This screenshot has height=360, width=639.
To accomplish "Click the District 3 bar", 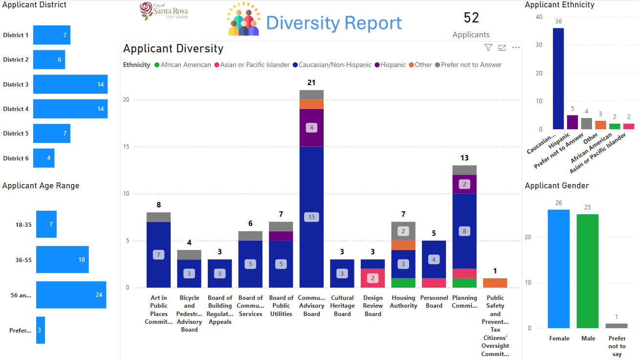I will pos(70,84).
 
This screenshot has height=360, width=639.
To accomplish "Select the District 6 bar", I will pos(44,158).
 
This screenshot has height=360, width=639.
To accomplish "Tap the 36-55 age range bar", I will pos(63,260).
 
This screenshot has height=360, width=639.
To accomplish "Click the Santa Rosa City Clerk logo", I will pos(164,11).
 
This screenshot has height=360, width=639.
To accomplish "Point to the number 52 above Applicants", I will pos(471,18).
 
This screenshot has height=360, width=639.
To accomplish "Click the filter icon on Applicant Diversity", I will pos(488,47).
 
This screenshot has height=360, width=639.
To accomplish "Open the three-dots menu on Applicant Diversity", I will pos(516,47).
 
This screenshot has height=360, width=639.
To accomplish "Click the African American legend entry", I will pos(182,65).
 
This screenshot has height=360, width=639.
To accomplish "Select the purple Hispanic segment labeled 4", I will pos(311,128).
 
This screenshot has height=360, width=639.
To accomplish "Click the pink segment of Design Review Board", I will pos(373,278).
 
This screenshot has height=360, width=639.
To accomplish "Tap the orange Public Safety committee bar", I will pos(495,283).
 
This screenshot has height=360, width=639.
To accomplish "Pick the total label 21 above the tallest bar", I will pos(311,82).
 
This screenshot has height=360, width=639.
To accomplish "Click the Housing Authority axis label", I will pos(404,302).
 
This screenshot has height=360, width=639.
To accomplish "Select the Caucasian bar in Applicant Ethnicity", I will pos(558,78).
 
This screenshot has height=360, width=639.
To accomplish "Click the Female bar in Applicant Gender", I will pos(559,269).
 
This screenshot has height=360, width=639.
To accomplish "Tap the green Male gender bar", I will pos(588,271).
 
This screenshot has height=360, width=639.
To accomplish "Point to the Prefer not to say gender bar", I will pos(617,326).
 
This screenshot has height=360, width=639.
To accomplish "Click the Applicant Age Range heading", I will pos(41,186).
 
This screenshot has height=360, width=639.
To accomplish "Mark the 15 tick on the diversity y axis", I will pos(127,147).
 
